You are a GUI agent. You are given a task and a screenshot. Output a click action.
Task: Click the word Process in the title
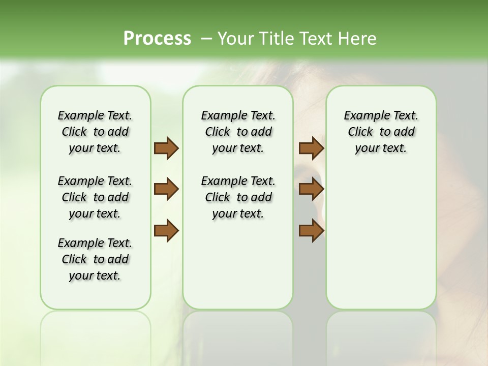tap(157, 39)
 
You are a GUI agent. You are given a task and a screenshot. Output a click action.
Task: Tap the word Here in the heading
tap(357, 39)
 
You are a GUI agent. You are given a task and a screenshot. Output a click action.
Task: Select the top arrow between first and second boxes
tap(166, 148)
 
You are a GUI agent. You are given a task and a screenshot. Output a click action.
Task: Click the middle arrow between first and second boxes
tap(166, 189)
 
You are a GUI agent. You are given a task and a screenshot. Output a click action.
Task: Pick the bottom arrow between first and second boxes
tap(166, 230)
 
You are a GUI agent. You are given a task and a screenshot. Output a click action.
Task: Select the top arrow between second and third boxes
tap(311, 148)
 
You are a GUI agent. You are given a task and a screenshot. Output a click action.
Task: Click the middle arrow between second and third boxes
tap(311, 189)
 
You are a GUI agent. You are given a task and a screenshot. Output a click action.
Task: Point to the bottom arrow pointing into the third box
tap(311, 230)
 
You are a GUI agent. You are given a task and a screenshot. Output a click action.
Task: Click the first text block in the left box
tap(95, 132)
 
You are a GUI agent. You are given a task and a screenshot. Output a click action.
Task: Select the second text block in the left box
tap(95, 197)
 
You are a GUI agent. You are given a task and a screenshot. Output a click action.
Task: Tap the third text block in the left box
tap(95, 259)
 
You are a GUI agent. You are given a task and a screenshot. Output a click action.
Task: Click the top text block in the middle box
tap(238, 132)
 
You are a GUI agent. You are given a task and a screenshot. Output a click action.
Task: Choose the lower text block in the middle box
tap(238, 197)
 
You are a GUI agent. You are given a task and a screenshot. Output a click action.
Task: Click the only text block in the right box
tap(381, 132)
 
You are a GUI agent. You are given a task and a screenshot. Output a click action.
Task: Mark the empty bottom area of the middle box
tap(238, 269)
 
